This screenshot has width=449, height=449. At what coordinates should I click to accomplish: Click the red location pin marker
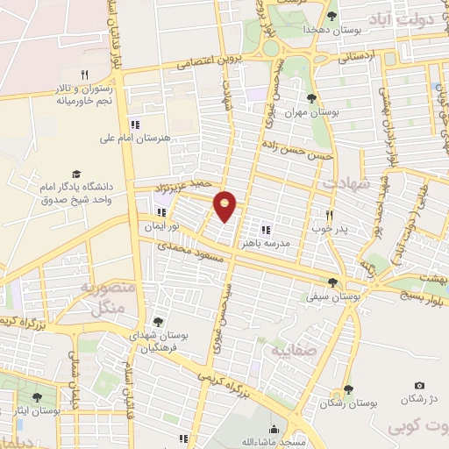[225, 205]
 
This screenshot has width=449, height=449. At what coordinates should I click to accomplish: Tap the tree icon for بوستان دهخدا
[331, 15]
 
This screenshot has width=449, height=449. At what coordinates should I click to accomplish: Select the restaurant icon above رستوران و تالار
[85, 75]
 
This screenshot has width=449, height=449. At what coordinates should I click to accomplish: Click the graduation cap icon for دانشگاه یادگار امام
[76, 175]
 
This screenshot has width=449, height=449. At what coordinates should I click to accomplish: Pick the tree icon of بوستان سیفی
[332, 282]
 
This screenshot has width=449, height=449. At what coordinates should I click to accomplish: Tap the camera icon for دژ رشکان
[419, 386]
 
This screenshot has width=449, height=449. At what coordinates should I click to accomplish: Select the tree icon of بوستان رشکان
[348, 389]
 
